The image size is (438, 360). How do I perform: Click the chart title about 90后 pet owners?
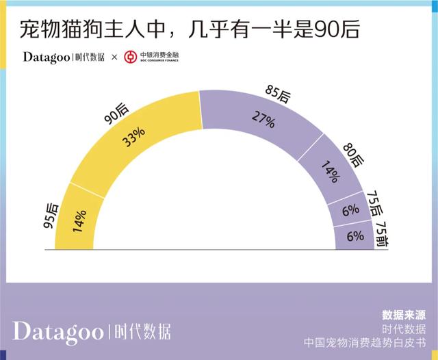click(x=188, y=30)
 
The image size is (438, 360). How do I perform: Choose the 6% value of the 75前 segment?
click(x=355, y=236)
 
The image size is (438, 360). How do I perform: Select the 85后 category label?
click(x=278, y=94)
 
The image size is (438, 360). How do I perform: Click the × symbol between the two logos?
click(x=114, y=57)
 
